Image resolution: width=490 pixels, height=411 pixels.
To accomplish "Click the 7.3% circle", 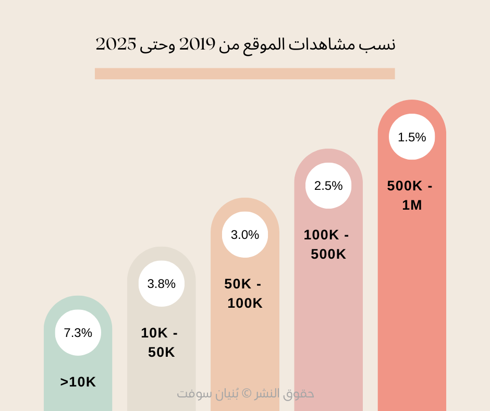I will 78,333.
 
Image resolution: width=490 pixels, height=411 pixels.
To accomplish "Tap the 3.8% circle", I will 162,284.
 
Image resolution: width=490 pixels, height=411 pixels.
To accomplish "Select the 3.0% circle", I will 245,235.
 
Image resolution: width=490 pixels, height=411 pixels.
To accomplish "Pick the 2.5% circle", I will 328,186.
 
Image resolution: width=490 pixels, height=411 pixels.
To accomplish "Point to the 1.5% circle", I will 412,137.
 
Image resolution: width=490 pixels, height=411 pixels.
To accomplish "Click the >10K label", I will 78,382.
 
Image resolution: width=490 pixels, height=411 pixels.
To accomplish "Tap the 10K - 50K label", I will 161,342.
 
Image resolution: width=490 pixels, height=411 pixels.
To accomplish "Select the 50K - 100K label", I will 244,294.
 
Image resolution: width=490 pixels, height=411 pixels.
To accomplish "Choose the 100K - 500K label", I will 327,245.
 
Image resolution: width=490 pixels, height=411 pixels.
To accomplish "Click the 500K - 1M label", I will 411,196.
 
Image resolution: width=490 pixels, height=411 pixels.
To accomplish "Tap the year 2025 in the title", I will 116,45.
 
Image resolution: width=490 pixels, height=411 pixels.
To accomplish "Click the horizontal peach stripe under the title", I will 244,74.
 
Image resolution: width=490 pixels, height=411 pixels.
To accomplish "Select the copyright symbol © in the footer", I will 248,394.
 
